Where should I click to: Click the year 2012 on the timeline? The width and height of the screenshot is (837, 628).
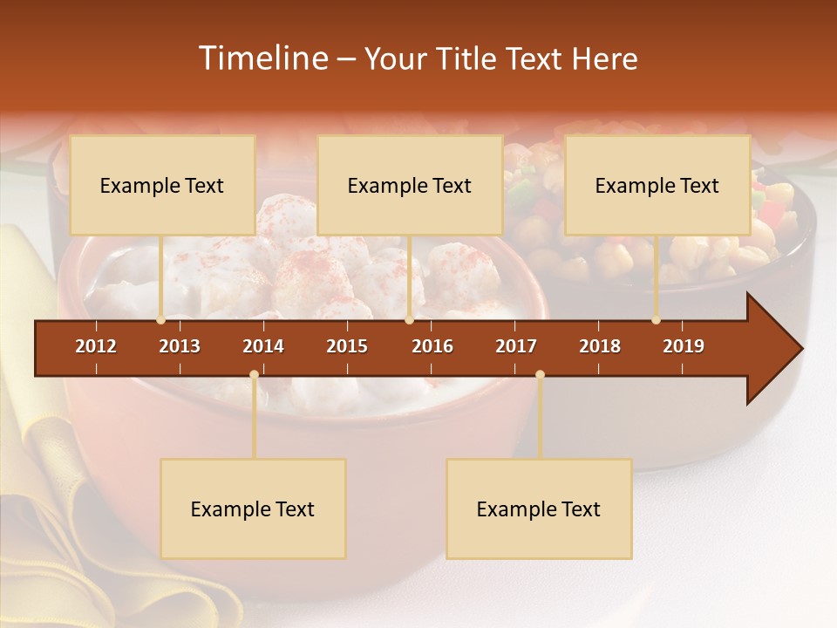click(96, 346)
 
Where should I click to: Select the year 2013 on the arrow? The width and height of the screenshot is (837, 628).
click(180, 346)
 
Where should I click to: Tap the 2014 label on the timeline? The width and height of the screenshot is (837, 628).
click(263, 346)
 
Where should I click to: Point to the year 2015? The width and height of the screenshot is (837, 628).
click(347, 346)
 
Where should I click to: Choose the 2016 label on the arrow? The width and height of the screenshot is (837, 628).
click(432, 346)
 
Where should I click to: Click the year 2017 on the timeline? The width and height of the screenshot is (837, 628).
click(516, 346)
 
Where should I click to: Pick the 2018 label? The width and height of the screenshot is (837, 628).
click(600, 346)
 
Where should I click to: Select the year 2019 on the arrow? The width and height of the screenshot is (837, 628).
click(684, 346)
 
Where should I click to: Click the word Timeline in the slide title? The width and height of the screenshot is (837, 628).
click(262, 58)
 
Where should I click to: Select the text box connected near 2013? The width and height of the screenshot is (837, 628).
click(162, 185)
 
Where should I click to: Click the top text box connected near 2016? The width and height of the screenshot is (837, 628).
click(410, 185)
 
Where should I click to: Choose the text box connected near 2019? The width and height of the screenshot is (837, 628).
click(657, 185)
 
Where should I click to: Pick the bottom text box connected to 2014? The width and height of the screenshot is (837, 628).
click(253, 509)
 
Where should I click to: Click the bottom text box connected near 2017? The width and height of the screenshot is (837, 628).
click(539, 509)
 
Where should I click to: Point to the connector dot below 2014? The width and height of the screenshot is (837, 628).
click(254, 374)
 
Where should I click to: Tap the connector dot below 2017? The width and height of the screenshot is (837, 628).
click(540, 374)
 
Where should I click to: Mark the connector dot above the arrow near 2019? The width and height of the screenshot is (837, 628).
click(657, 320)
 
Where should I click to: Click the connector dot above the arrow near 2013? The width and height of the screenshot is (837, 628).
click(160, 320)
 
